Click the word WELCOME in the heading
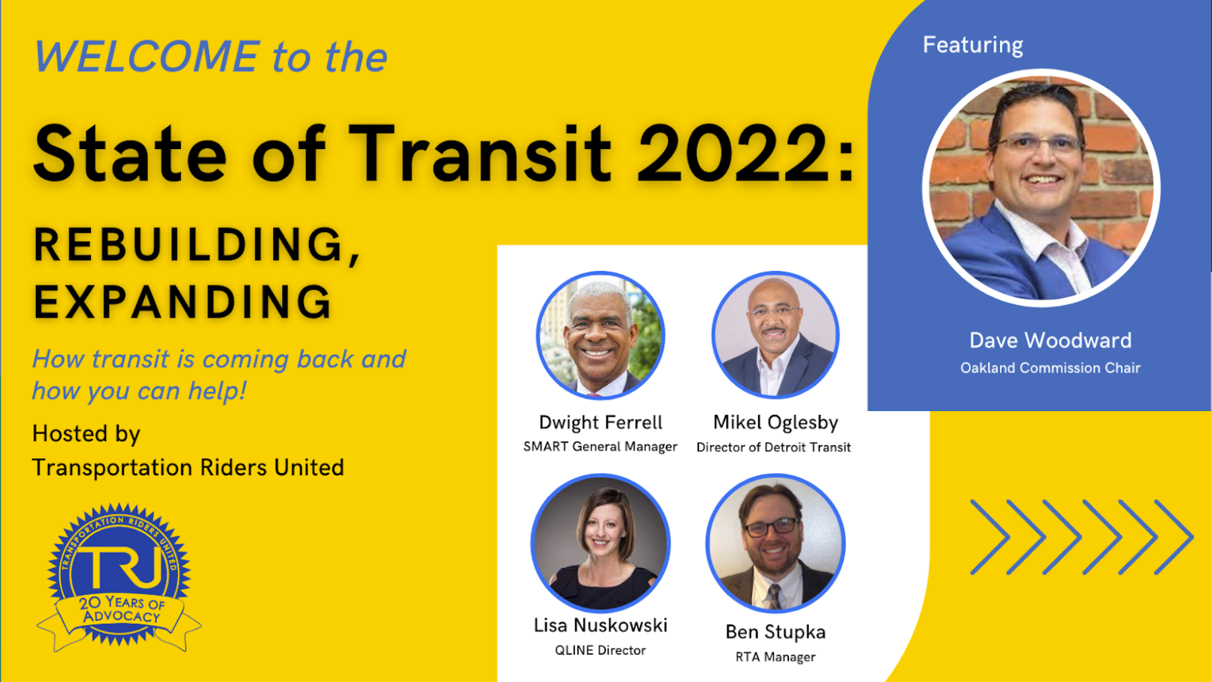tap(146, 57)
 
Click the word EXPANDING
tap(182, 302)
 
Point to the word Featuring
tap(973, 45)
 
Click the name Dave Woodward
tap(1050, 340)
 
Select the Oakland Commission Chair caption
tap(1050, 368)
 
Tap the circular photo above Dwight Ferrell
tap(600, 335)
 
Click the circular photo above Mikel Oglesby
tap(775, 335)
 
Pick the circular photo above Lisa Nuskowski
tap(600, 543)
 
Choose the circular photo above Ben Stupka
tap(775, 543)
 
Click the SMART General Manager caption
tap(600, 446)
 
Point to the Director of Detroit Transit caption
tap(774, 447)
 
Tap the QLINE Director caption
tap(600, 650)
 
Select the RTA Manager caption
tap(775, 657)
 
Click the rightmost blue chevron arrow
tap(1174, 537)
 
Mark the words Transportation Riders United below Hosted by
tap(188, 467)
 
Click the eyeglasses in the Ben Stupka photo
tap(771, 527)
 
